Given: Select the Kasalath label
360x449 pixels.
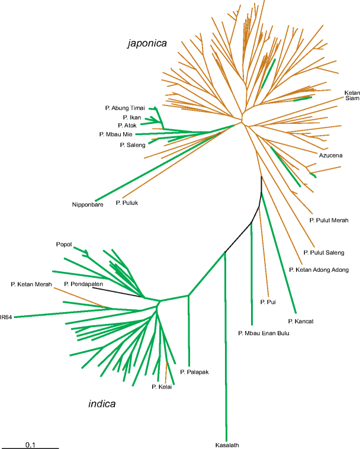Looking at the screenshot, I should (x=228, y=444).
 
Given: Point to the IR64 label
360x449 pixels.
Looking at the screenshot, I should (x=7, y=317).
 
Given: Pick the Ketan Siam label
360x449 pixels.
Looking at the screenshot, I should (x=352, y=95).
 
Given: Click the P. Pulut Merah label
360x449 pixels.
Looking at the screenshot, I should (x=329, y=220).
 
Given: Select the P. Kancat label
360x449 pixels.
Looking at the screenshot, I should (x=300, y=321).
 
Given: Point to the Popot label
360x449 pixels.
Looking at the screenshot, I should (x=63, y=244).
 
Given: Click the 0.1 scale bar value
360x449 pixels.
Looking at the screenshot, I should (x=30, y=437).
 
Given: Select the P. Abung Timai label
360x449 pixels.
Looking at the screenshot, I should (x=125, y=108).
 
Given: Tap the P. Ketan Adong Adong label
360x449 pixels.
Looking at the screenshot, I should (x=317, y=270).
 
